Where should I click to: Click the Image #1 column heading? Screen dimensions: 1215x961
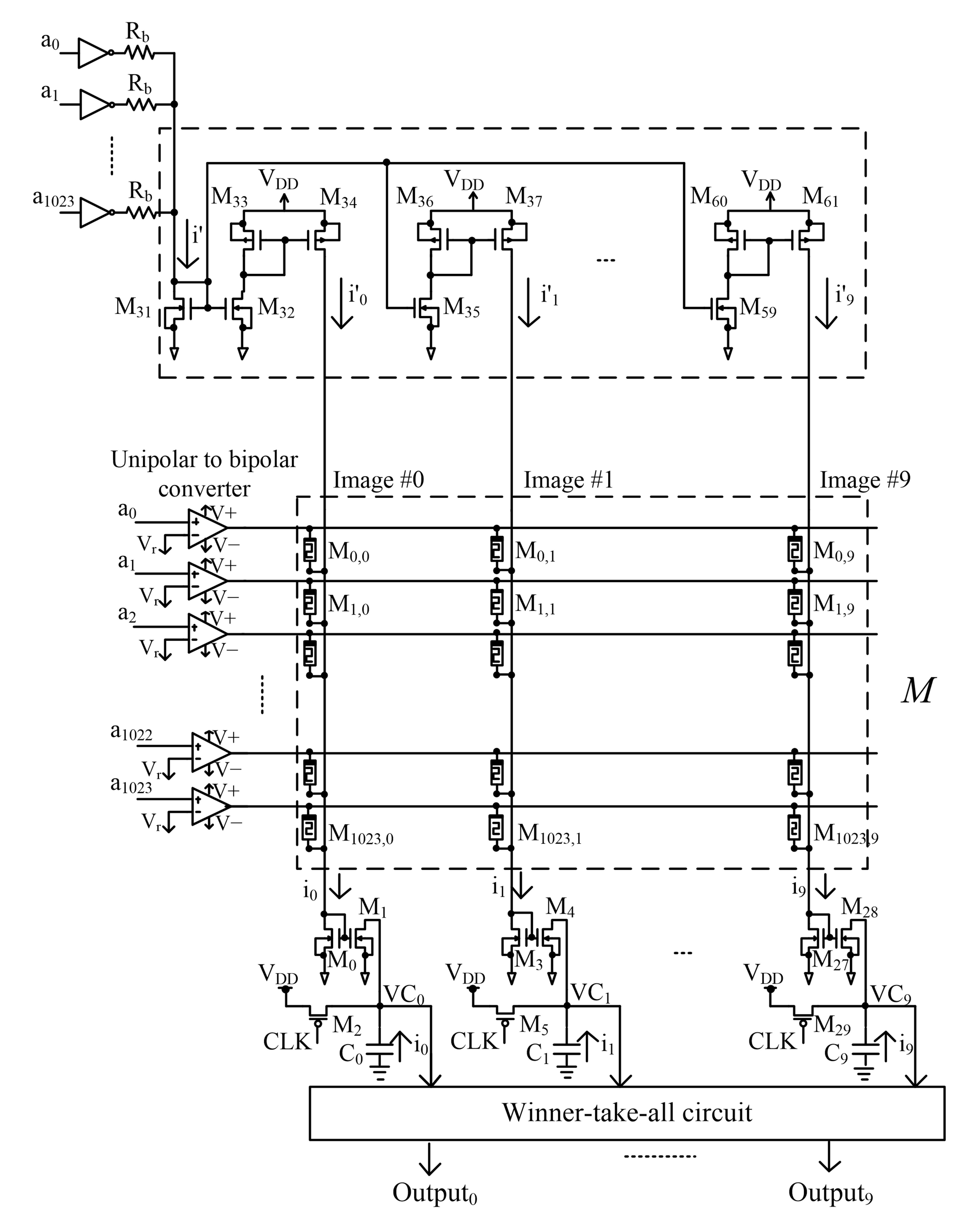pos(568,480)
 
